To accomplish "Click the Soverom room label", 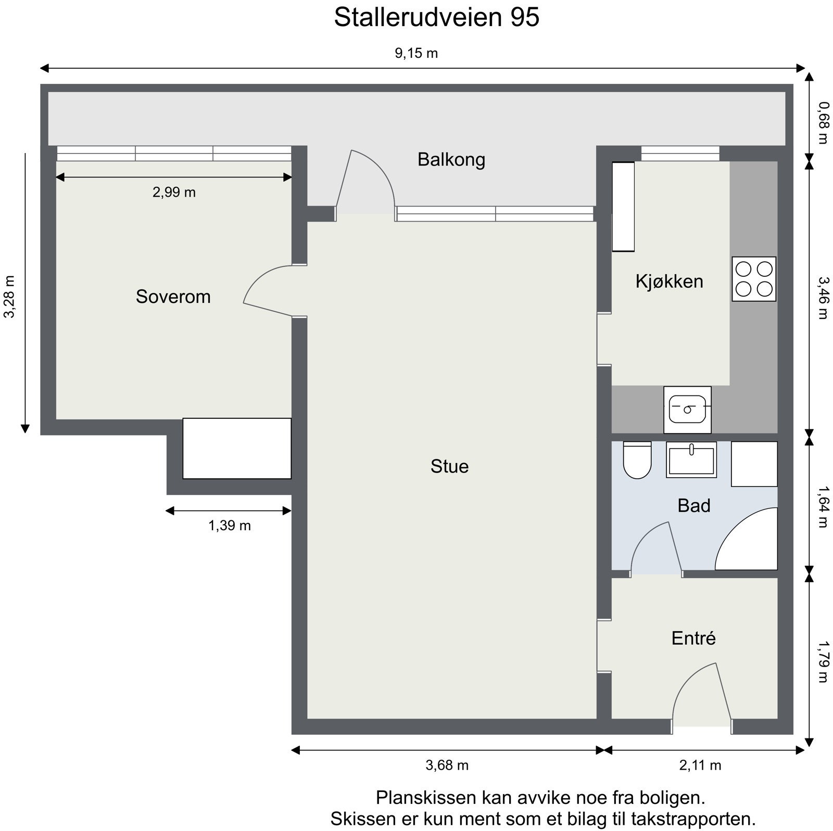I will point(173,297).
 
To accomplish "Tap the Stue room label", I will point(449,466).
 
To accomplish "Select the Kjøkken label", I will point(669,282).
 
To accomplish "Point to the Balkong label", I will point(451,159).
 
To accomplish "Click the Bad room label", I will point(693,506).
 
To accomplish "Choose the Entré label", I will point(693,638).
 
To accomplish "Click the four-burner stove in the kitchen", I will point(753,279).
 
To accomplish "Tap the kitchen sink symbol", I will point(687,410).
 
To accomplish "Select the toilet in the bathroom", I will point(637,461).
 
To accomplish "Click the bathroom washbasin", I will point(691,460).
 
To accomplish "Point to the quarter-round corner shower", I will point(750,544).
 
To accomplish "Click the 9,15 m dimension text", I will point(416,53).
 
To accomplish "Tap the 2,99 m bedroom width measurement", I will point(174,193).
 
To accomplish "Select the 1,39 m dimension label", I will point(230,526).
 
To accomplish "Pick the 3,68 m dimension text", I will point(447,765).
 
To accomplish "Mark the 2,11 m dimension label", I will point(700,765).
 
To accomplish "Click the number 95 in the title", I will point(525,18).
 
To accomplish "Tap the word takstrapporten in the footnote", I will point(692,819).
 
